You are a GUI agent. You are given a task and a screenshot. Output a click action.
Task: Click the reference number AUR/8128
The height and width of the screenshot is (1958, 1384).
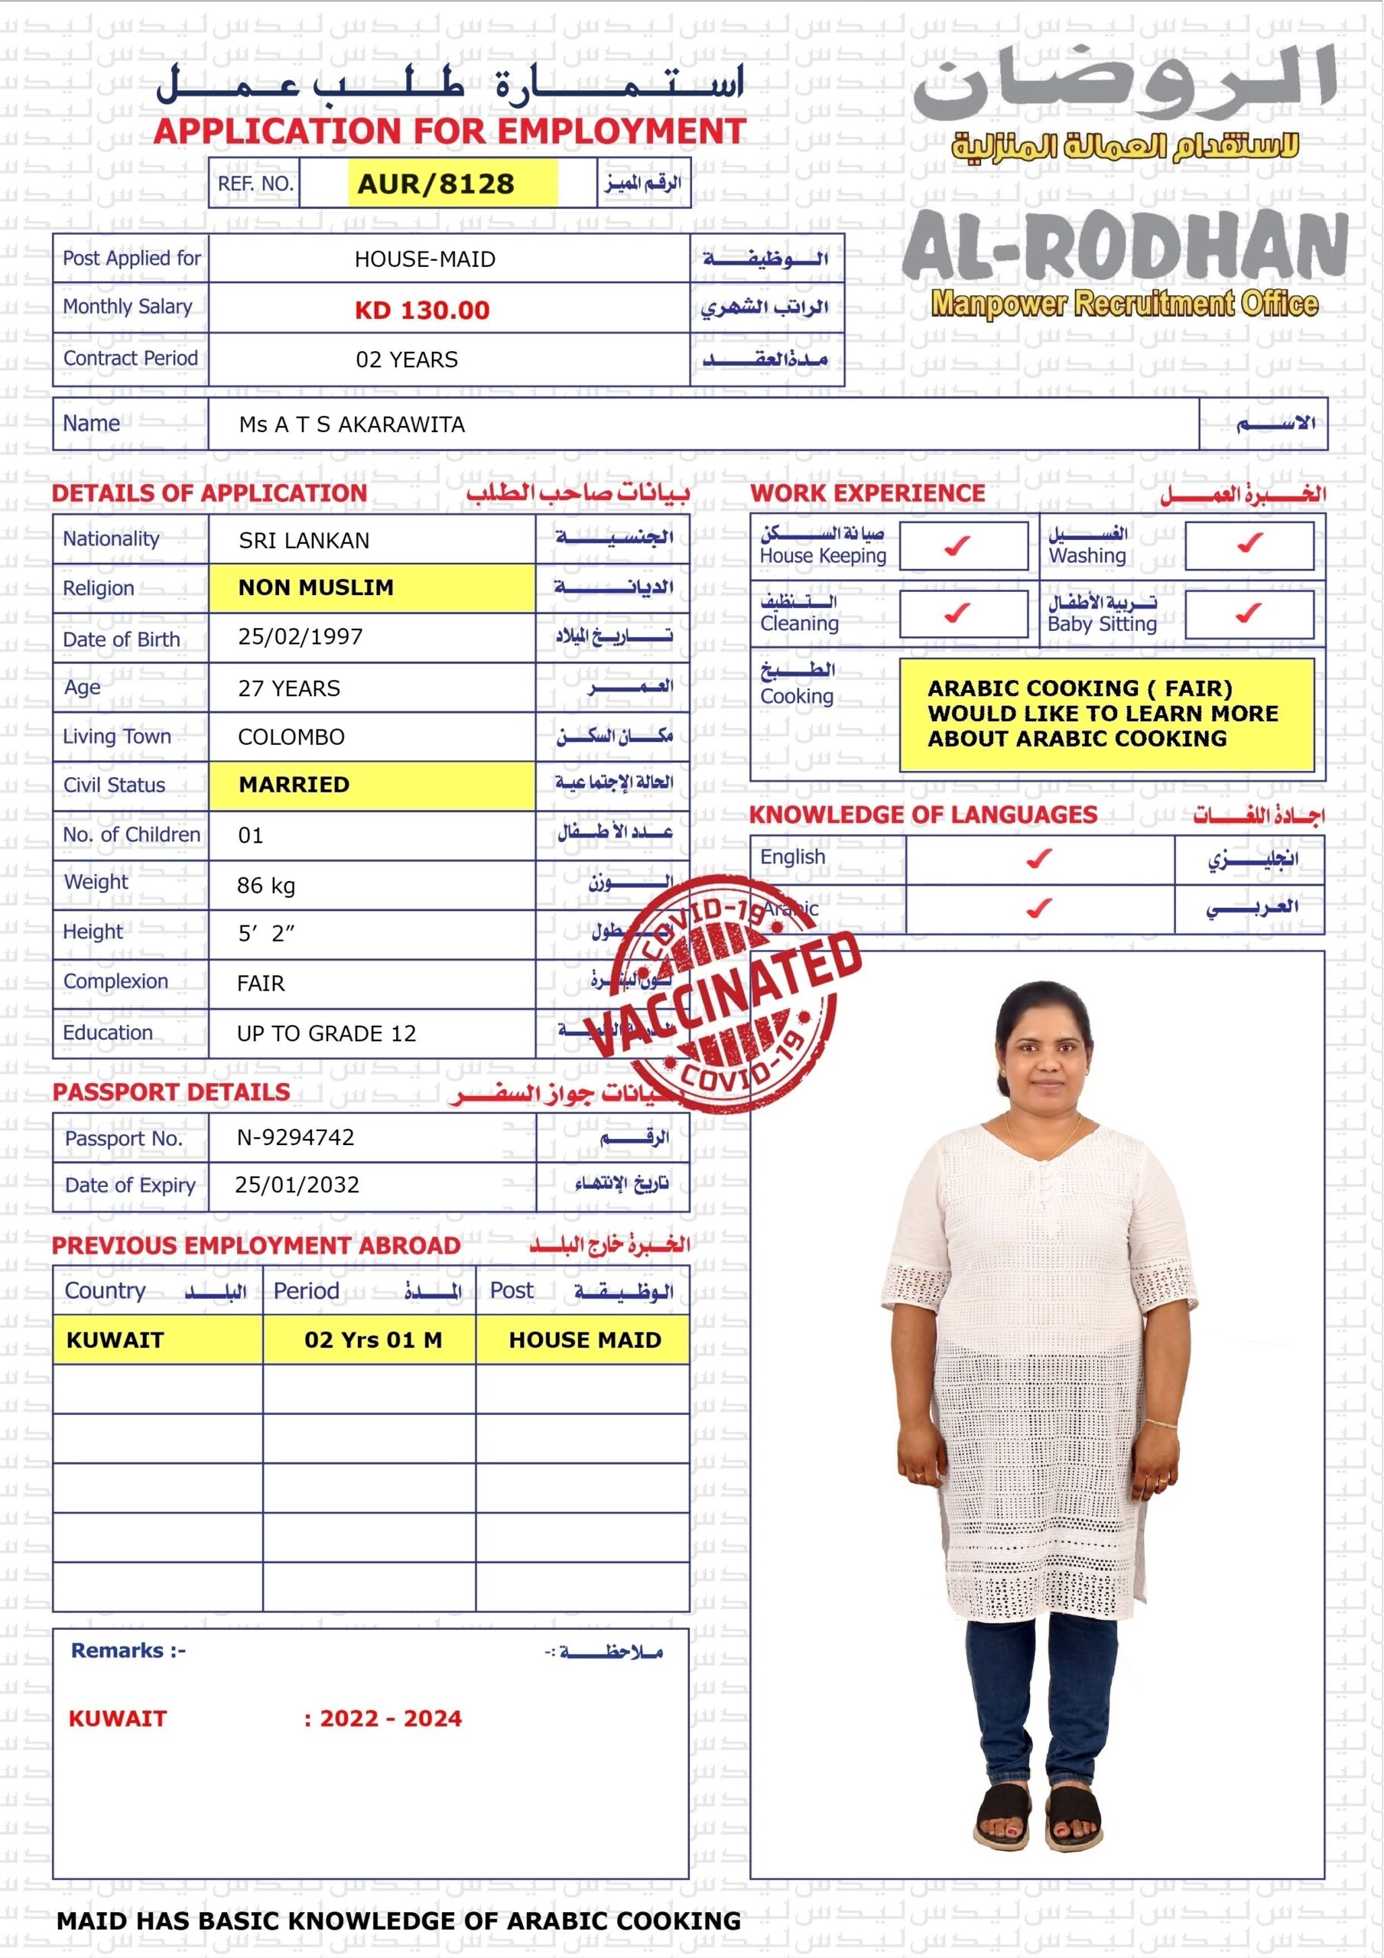coord(436,184)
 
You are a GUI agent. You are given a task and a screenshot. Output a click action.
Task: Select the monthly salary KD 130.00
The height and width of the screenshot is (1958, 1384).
coord(422,310)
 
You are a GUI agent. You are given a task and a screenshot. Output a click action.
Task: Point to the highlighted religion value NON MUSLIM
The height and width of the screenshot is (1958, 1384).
coord(317,587)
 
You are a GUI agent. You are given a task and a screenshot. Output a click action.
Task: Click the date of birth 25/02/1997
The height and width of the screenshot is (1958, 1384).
coord(301,637)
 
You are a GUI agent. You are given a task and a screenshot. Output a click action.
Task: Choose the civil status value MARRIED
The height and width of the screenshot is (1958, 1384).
coord(294,785)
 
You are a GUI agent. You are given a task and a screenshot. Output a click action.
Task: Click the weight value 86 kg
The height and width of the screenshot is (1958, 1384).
coord(266,885)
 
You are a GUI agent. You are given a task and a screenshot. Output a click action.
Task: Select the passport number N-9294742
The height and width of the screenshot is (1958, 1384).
coord(296,1137)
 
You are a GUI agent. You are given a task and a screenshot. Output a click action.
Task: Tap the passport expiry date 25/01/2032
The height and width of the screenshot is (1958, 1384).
coord(297,1185)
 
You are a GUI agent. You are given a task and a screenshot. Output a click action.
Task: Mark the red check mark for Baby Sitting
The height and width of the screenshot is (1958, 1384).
coord(1249,613)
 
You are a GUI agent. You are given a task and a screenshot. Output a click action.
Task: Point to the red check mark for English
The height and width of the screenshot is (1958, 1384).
coord(1038,859)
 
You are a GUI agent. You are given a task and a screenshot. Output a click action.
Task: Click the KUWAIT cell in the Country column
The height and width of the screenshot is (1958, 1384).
coord(115,1340)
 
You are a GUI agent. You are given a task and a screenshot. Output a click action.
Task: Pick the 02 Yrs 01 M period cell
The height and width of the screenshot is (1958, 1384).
coord(373,1340)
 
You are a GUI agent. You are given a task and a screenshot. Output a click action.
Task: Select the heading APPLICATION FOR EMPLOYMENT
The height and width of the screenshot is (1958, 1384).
coord(450,132)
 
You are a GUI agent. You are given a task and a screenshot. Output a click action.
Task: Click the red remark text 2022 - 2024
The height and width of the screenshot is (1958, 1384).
coord(390,1719)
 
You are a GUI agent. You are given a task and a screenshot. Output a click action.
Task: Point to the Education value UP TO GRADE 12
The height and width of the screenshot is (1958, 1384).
coord(327,1033)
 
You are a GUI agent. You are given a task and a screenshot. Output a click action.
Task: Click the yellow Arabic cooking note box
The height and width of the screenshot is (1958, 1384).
coord(1106,714)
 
